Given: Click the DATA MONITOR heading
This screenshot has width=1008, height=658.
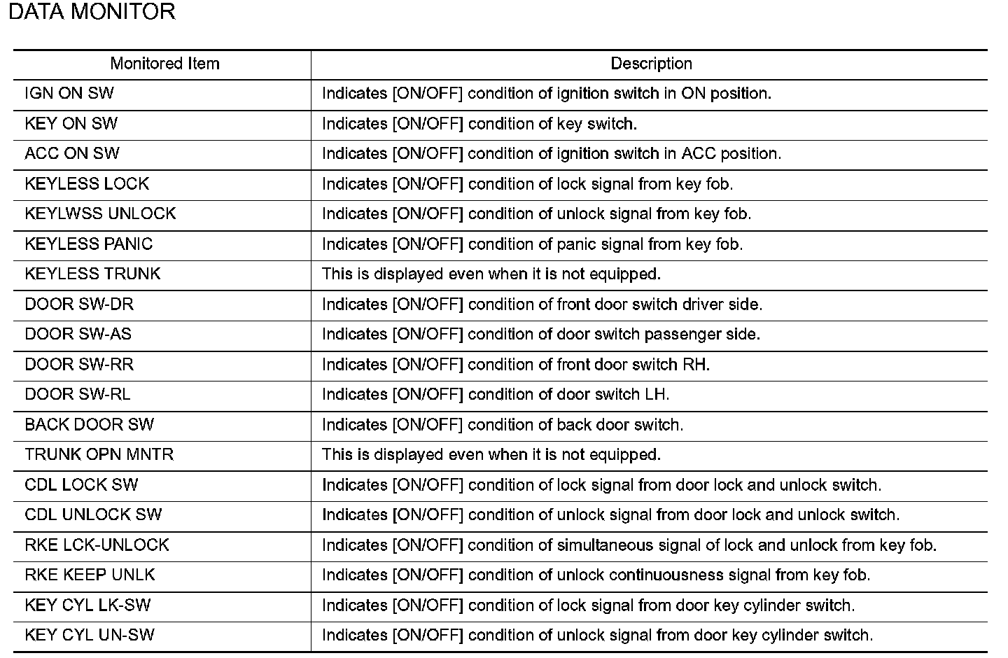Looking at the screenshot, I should (92, 12).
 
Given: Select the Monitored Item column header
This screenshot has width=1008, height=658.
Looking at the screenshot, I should (164, 64).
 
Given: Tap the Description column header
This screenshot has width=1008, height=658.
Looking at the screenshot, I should (651, 64).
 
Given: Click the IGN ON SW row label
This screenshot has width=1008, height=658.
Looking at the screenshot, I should (69, 94).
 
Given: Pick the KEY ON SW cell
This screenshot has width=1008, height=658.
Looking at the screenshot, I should (71, 124).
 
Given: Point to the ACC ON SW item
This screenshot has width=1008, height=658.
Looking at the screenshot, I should (72, 154).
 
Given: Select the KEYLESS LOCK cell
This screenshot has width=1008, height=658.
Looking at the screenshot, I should (87, 184).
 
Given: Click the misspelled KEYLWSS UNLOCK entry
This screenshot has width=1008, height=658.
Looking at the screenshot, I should (100, 214).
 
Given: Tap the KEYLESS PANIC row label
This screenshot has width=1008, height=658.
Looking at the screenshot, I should (89, 244).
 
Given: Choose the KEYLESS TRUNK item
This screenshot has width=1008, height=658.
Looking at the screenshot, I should (92, 274).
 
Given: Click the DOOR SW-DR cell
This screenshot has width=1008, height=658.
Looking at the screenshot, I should (79, 304).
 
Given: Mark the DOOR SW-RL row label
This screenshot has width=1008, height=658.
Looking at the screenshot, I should (78, 395).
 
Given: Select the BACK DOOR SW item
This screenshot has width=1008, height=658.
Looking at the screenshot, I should (90, 425).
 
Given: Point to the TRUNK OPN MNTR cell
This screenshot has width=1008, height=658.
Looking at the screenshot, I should (99, 455).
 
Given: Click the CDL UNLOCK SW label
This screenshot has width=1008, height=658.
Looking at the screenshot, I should (93, 515).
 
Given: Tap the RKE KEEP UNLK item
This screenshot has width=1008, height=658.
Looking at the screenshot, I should (90, 575).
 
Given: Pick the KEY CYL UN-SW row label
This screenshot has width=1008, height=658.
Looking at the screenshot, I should (90, 636).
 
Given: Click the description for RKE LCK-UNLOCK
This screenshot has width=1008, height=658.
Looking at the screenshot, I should (629, 545).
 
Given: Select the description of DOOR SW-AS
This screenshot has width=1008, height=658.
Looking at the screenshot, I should (540, 335).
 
